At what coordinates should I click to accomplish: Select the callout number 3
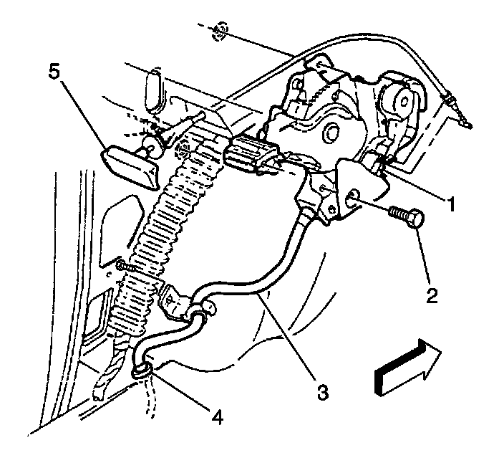tap(323, 392)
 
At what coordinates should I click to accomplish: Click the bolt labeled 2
tap(406, 216)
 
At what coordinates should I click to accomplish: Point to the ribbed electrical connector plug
tap(250, 153)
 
